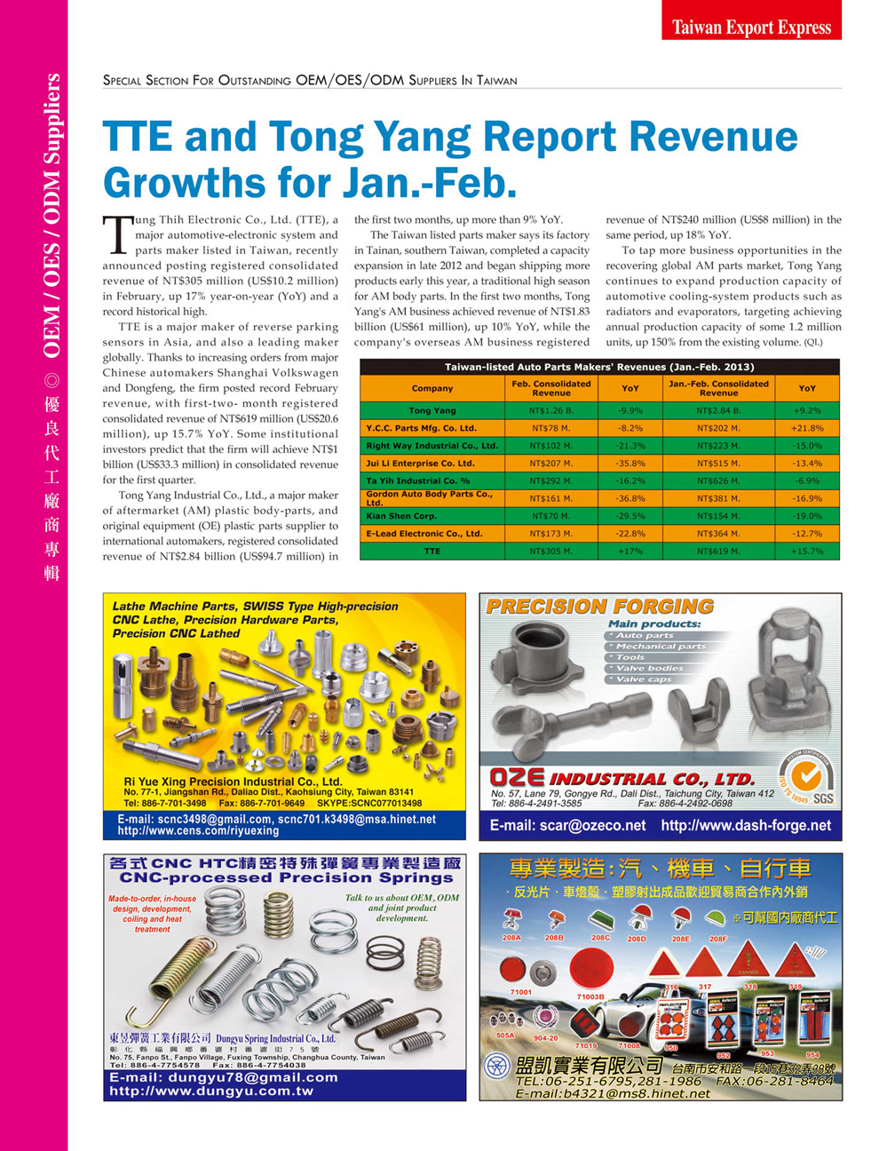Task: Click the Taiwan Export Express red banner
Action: coord(751,27)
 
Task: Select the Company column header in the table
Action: coord(432,388)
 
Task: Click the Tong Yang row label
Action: coord(432,410)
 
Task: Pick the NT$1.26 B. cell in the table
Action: coord(550,410)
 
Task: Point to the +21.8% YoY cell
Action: coord(807,428)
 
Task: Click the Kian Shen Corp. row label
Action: coord(401,516)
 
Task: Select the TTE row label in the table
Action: coord(432,552)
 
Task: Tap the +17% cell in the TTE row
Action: coord(630,552)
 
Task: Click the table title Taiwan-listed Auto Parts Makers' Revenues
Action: coord(599,367)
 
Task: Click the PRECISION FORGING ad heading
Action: coord(600,607)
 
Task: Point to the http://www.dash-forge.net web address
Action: coord(746,825)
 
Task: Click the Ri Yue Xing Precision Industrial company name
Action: coord(233,782)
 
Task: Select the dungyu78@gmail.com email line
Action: coord(224,1077)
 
